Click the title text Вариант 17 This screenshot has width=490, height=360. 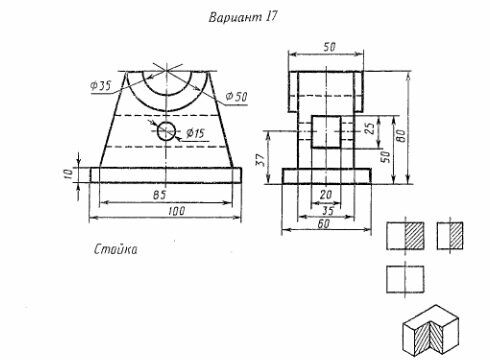pos(243,17)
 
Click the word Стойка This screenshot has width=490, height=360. pos(115,249)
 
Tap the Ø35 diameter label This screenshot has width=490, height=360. pos(100,86)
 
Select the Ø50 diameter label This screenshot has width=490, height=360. pos(236,97)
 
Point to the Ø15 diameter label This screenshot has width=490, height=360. pos(195,133)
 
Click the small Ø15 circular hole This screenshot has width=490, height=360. pos(166,131)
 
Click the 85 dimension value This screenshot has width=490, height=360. pos(159,195)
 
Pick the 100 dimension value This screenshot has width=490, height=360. pos(176,211)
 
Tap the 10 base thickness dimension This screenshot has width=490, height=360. pos(68,174)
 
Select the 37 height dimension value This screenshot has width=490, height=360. pos(261,160)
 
